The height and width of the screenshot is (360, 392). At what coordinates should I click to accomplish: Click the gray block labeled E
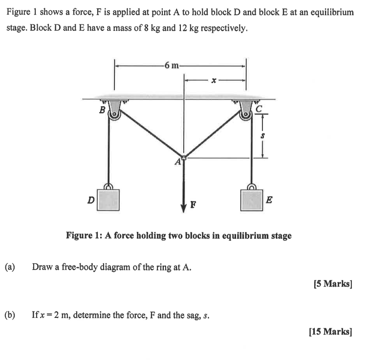pos(252,199)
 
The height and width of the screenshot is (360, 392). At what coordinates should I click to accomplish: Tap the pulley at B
pos(114,117)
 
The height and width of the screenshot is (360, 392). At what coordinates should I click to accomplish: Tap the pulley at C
pos(245,117)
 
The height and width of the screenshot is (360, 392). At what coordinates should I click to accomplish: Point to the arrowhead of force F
pos(184,205)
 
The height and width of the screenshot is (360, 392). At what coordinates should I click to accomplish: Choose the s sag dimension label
pos(263,135)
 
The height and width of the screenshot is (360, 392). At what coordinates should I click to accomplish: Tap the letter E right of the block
pos(270,199)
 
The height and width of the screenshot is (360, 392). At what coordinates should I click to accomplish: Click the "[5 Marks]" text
pos(332,284)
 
